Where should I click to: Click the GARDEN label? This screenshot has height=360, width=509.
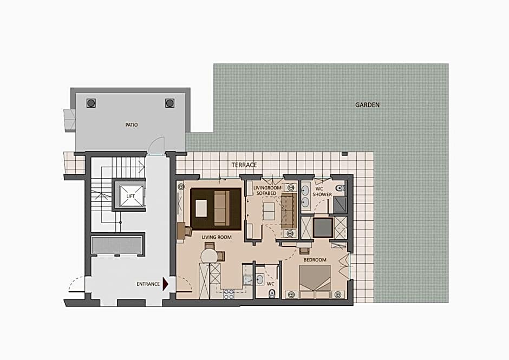coord(367,105)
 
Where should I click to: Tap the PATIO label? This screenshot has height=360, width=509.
coord(132,125)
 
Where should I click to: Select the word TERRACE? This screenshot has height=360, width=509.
coord(244,165)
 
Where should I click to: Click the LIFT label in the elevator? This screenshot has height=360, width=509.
coord(130,197)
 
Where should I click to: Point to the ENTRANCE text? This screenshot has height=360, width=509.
coord(148,284)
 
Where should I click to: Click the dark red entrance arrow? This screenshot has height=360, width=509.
coord(165,284)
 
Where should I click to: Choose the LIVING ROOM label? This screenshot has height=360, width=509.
coord(217,237)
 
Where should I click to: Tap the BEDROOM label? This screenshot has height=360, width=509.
coord(315,260)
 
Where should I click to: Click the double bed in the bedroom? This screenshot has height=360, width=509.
coord(315,282)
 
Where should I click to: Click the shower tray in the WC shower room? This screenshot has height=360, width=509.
coord(340,205)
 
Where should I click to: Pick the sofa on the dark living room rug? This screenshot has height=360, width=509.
coord(221,208)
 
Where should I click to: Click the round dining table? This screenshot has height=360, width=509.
coord(209,257)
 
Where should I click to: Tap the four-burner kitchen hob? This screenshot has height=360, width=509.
coord(229,294)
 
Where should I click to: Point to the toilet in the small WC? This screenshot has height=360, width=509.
coord(272,293)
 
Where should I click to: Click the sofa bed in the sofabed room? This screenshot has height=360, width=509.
coord(289,211)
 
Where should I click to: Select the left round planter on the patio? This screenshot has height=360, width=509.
coord(91,103)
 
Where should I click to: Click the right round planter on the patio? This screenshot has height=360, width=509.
coord(170,103)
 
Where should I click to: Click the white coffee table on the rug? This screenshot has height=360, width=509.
coord(201,208)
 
